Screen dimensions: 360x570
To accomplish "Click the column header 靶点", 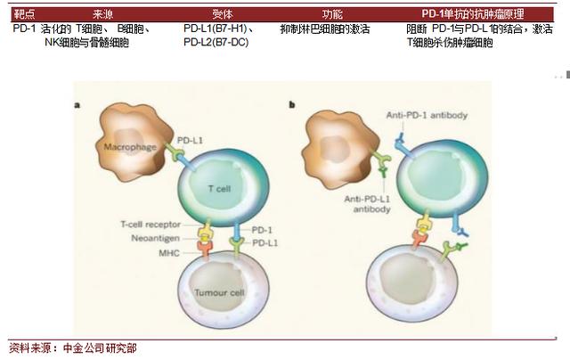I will tap(24, 15).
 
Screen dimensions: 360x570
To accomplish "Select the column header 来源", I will tap(102, 15).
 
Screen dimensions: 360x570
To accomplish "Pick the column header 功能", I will tap(332, 15).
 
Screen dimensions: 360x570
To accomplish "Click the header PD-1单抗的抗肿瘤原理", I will tap(471, 15).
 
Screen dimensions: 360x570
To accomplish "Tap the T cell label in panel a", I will tap(221, 189).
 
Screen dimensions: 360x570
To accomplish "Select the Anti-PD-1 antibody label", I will tap(427, 116).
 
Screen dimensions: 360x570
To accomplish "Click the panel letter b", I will tap(292, 104).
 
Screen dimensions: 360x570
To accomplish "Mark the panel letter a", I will tap(77, 104).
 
